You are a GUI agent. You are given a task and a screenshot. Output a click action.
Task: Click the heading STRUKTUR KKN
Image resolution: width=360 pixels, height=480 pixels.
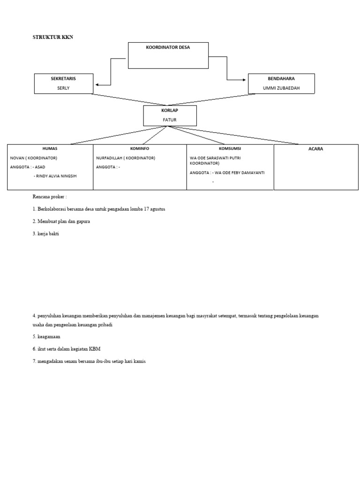tap(53, 37)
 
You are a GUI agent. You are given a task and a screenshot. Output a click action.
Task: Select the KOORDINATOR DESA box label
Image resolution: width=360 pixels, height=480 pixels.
tap(168, 48)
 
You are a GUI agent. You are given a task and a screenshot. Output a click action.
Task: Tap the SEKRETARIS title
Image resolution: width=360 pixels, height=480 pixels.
tap(63, 79)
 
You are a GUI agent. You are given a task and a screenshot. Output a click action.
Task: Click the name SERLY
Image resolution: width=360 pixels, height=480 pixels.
tap(63, 88)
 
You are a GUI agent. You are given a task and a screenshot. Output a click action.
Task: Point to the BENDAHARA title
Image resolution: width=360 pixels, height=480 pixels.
tap(281, 79)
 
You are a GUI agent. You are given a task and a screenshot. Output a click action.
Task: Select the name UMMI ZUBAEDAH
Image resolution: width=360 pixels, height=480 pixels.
tap(281, 88)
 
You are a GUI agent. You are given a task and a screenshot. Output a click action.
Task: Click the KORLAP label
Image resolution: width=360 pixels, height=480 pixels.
tap(169, 110)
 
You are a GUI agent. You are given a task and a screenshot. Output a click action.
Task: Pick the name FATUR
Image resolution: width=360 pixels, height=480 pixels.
tap(169, 120)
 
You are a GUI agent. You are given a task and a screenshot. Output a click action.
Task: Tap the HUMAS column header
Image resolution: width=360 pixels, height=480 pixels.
tap(50, 149)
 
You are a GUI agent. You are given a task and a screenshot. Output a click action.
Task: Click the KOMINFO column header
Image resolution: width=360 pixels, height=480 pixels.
tap(140, 149)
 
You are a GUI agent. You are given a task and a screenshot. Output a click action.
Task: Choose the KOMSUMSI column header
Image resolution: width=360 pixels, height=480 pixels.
tap(230, 149)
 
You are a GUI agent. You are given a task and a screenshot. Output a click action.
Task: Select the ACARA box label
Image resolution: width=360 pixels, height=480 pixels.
tap(316, 149)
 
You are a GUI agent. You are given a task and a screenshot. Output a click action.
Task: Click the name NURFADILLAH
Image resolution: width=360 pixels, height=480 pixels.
tap(109, 158)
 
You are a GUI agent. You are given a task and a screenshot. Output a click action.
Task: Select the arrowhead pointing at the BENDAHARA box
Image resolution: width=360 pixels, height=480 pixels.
tap(245, 80)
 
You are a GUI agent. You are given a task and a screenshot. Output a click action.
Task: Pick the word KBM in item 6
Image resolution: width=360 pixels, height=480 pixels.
tap(96, 349)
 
